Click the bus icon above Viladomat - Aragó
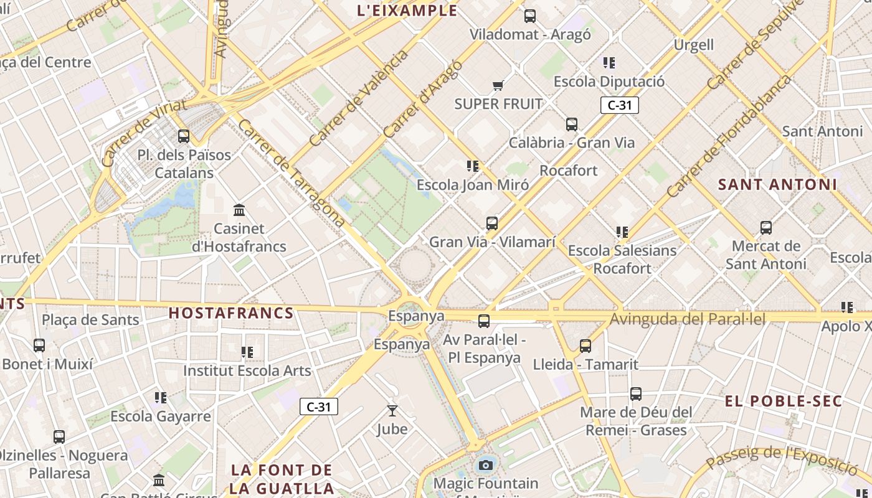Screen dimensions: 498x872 click(x=530, y=16)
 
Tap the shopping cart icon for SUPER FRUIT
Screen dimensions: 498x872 click(x=497, y=85)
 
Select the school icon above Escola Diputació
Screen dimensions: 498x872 click(x=609, y=62)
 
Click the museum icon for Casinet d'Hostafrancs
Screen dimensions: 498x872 click(x=239, y=210)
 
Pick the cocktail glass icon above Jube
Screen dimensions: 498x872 click(x=392, y=411)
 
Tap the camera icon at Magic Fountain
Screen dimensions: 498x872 click(x=486, y=465)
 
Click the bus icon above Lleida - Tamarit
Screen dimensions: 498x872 click(x=585, y=346)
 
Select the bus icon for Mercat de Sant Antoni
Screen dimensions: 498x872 click(x=766, y=228)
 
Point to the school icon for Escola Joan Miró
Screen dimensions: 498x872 click(x=473, y=166)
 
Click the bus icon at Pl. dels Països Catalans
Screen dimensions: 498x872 click(x=184, y=136)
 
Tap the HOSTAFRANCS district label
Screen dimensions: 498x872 click(x=231, y=312)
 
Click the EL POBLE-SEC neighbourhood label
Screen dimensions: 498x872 click(x=784, y=401)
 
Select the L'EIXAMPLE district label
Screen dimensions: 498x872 click(x=408, y=11)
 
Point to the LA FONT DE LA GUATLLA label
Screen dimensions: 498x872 click(x=282, y=479)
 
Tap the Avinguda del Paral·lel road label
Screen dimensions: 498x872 click(x=687, y=319)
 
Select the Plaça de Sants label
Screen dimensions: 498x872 click(x=90, y=320)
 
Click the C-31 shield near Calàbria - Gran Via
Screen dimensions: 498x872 click(x=620, y=105)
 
